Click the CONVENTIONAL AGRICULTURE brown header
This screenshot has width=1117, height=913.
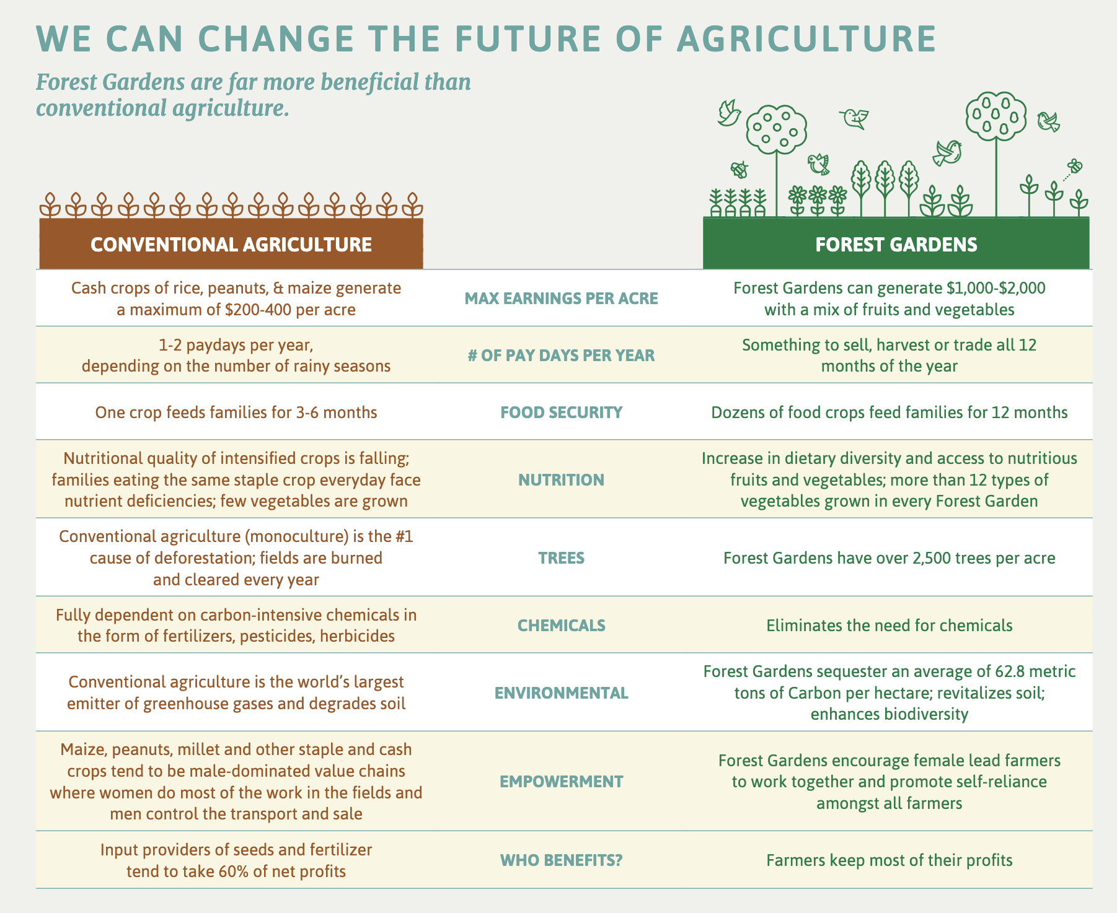(231, 244)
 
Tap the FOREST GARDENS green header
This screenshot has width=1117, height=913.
(896, 244)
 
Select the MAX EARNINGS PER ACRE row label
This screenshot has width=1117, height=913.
(561, 299)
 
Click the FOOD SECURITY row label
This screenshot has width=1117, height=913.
(561, 413)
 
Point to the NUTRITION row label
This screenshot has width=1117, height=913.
(561, 479)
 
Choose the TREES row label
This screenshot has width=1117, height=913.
(561, 558)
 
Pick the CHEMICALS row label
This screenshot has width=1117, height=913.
(561, 625)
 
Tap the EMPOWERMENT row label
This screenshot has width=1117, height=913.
(561, 781)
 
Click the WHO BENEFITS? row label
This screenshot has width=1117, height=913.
(561, 860)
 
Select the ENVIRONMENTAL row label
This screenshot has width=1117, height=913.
(561, 692)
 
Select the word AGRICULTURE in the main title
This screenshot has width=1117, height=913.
(806, 38)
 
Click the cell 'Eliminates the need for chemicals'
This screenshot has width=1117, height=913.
(890, 626)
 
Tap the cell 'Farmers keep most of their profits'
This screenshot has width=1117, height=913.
(890, 860)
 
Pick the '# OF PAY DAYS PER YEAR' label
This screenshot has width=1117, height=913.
(561, 356)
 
